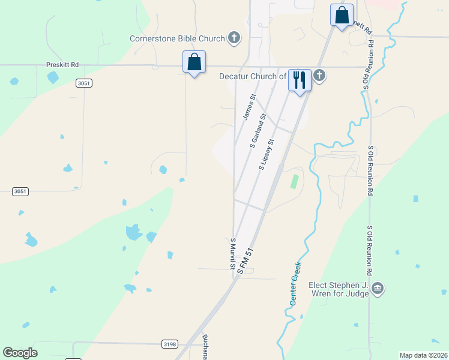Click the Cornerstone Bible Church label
pyautogui.click(x=177, y=39)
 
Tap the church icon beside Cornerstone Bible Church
pyautogui.click(x=234, y=39)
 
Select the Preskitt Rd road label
pyautogui.click(x=62, y=64)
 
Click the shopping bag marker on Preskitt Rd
pyautogui.click(x=194, y=62)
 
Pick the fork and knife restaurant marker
pyautogui.click(x=300, y=80)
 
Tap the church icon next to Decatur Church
pyautogui.click(x=319, y=76)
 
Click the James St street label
pyautogui.click(x=249, y=106)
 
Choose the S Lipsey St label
pyautogui.click(x=267, y=155)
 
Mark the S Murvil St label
pyautogui.click(x=233, y=254)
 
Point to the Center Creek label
pyautogui.click(x=295, y=283)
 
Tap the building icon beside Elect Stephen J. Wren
pyautogui.click(x=377, y=289)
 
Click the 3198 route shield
pyautogui.click(x=169, y=344)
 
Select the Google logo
pyautogui.click(x=20, y=353)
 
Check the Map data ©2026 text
pyautogui.click(x=423, y=355)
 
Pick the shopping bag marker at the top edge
pyautogui.click(x=342, y=15)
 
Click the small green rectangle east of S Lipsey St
pyautogui.click(x=294, y=181)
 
